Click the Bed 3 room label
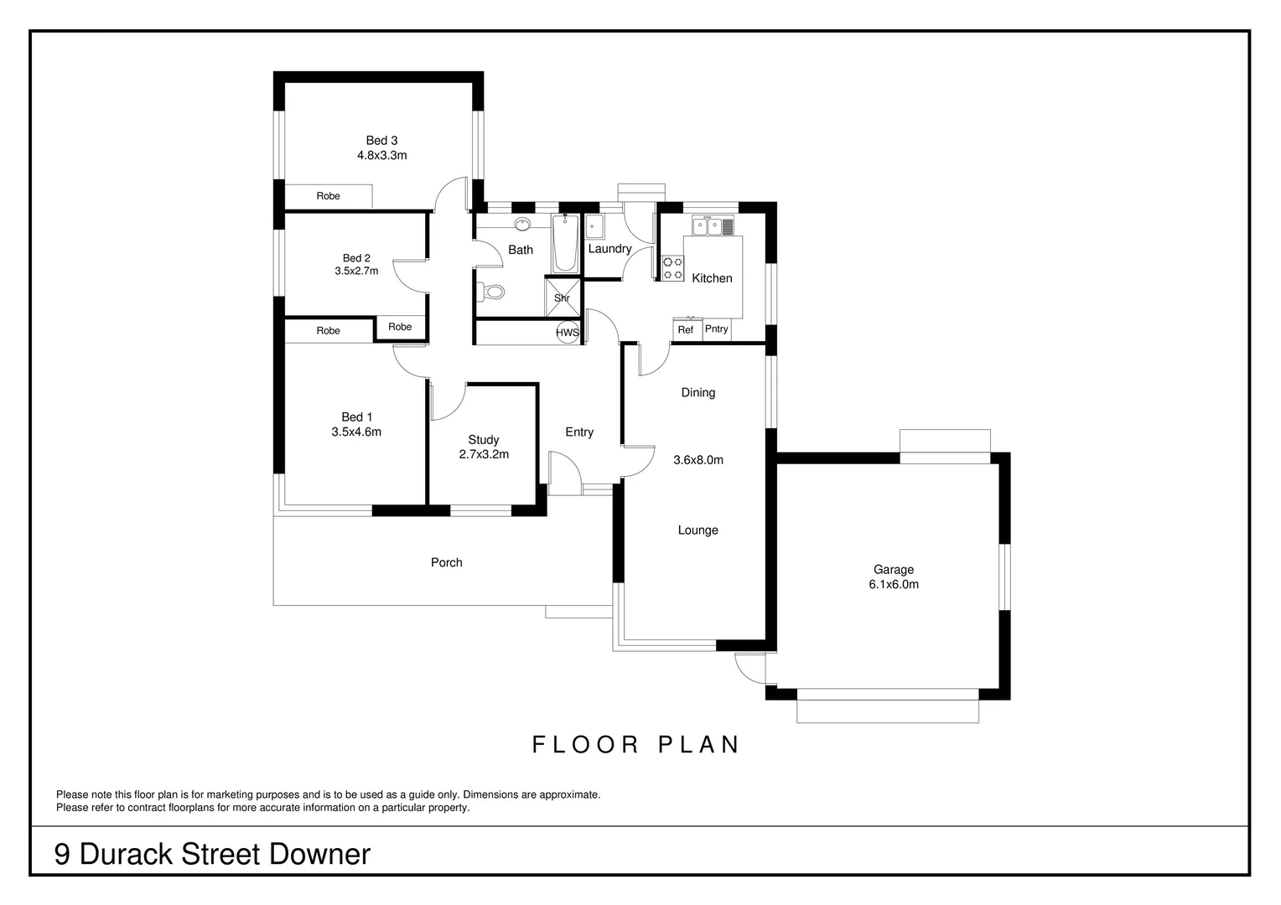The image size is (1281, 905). click(x=381, y=141)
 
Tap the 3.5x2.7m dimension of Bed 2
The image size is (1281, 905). click(x=356, y=271)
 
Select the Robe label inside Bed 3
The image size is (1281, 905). click(x=328, y=196)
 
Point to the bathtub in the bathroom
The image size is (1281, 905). click(x=565, y=244)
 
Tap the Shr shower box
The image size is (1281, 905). click(x=562, y=298)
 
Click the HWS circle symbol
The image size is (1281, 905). click(x=568, y=332)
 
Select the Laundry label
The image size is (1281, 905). click(x=609, y=249)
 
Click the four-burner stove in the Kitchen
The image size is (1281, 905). click(x=672, y=268)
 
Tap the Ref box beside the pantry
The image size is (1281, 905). click(x=686, y=330)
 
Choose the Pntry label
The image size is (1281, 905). click(x=716, y=329)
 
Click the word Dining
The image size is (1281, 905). click(x=698, y=392)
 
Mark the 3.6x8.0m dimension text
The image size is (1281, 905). click(x=698, y=460)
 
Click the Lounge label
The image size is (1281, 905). click(x=698, y=530)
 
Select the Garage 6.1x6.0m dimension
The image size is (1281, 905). click(x=893, y=585)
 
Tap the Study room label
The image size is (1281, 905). click(x=484, y=440)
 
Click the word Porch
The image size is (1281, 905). click(x=446, y=562)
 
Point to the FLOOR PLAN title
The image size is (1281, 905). click(x=636, y=744)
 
